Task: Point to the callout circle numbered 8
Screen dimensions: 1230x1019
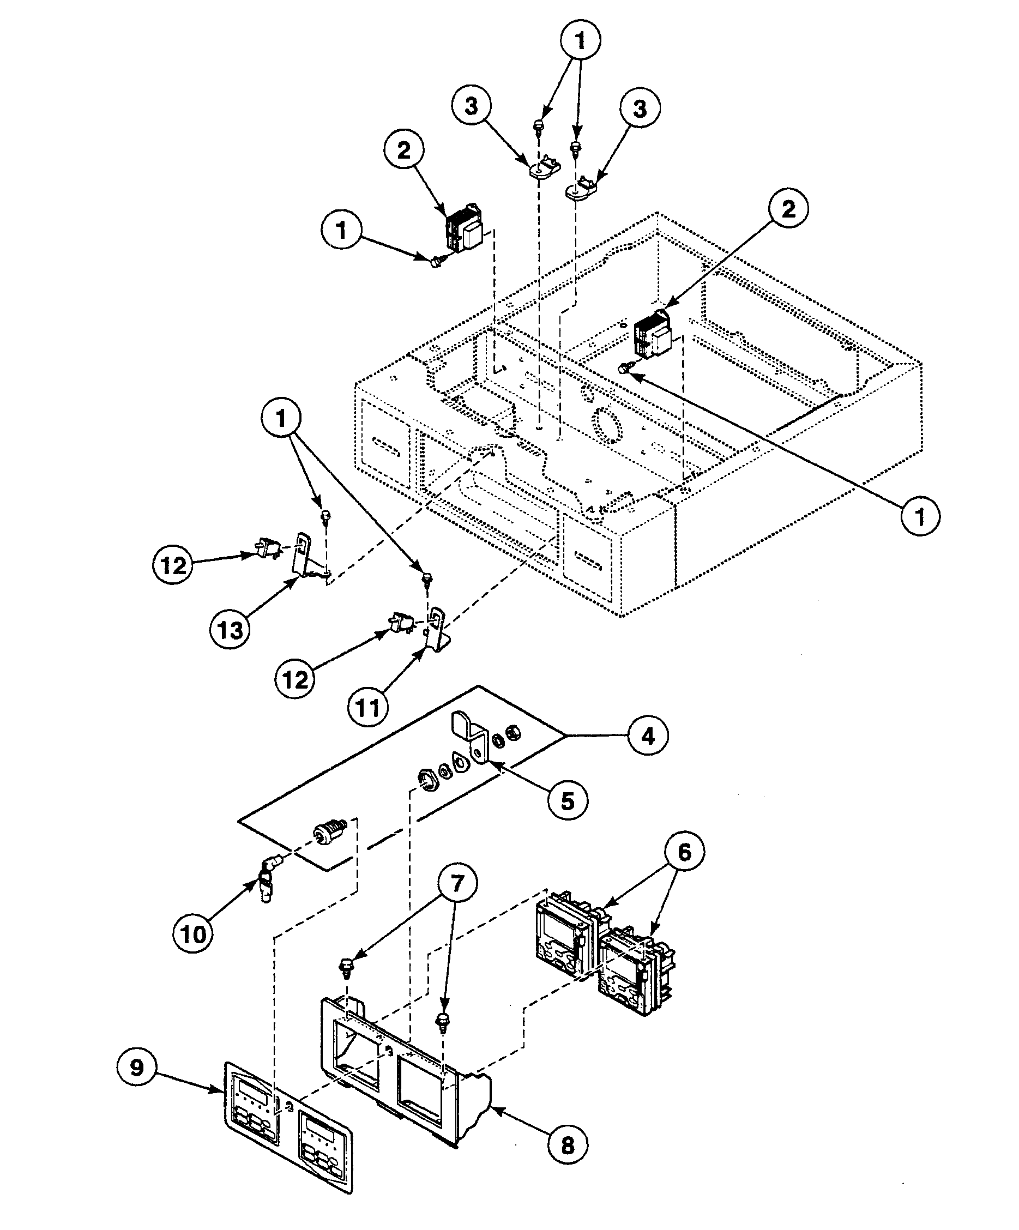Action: coord(568,1144)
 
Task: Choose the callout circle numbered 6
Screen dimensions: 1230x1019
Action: coord(684,853)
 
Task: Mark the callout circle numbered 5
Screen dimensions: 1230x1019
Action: coord(568,801)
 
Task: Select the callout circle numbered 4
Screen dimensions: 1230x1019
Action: coord(648,735)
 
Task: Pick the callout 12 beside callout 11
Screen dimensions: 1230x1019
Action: coord(294,679)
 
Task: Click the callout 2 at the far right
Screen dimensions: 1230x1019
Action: coord(788,208)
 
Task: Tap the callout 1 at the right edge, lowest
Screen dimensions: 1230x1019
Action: coord(919,517)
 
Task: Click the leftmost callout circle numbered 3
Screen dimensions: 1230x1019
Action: coord(471,106)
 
